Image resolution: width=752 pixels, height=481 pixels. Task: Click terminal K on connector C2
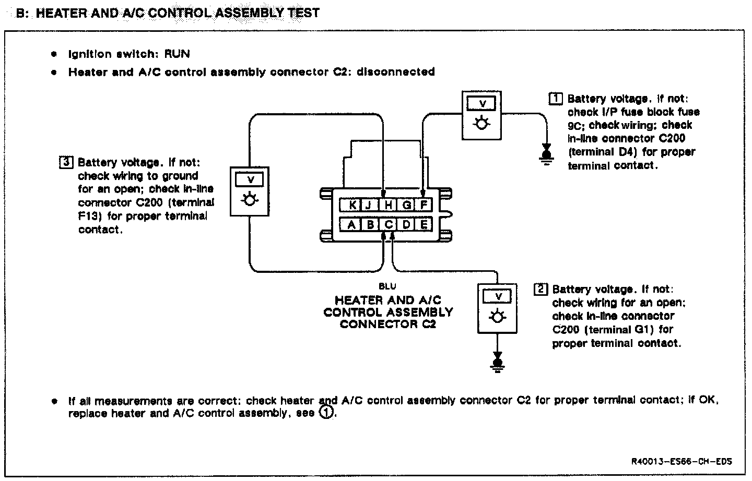pyautogui.click(x=352, y=205)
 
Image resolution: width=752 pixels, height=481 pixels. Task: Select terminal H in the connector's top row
pyautogui.click(x=388, y=205)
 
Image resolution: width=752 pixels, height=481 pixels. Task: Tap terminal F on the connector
pyautogui.click(x=424, y=205)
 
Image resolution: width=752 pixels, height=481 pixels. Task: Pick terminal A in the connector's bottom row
pyautogui.click(x=351, y=225)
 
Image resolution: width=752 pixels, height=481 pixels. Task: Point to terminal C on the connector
pyautogui.click(x=389, y=225)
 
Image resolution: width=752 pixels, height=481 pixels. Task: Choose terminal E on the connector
pyautogui.click(x=424, y=225)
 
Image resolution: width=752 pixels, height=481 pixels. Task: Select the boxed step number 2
pyautogui.click(x=540, y=289)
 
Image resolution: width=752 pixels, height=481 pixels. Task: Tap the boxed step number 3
pyautogui.click(x=66, y=162)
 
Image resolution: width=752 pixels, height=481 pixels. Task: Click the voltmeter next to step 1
pyautogui.click(x=482, y=115)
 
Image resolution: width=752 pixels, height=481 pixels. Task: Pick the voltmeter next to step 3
pyautogui.click(x=250, y=191)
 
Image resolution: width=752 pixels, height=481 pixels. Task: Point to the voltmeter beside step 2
pyautogui.click(x=498, y=308)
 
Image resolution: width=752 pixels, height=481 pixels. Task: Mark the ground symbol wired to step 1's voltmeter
pyautogui.click(x=547, y=154)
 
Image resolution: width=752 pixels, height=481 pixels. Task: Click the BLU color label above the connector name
pyautogui.click(x=387, y=286)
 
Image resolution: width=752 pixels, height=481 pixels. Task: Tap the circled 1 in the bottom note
pyautogui.click(x=325, y=413)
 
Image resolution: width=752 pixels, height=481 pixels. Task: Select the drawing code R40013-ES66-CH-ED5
pyautogui.click(x=681, y=461)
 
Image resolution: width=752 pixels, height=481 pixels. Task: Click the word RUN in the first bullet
pyautogui.click(x=177, y=54)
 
